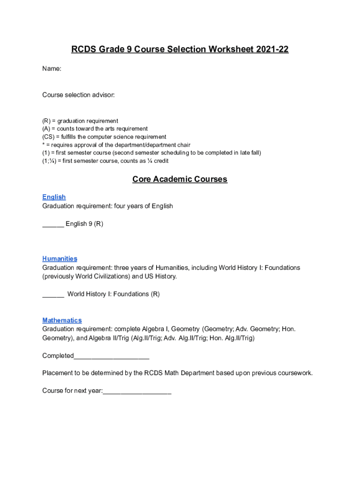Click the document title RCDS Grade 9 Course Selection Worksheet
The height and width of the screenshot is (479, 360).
point(180,49)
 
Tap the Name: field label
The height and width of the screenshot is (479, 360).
point(51,69)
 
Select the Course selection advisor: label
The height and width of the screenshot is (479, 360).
point(78,95)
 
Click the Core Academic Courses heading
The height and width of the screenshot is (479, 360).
point(180,179)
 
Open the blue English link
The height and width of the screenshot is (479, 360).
point(54,197)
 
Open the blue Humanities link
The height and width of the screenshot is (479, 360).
point(59,259)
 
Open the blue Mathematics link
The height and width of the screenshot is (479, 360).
point(62,320)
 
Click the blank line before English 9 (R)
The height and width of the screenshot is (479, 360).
point(53,224)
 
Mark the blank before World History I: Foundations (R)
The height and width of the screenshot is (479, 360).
point(53,294)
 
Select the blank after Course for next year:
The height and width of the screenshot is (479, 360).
point(137,391)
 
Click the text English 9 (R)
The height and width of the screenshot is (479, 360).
point(84,224)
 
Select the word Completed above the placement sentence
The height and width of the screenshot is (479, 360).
point(58,356)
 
